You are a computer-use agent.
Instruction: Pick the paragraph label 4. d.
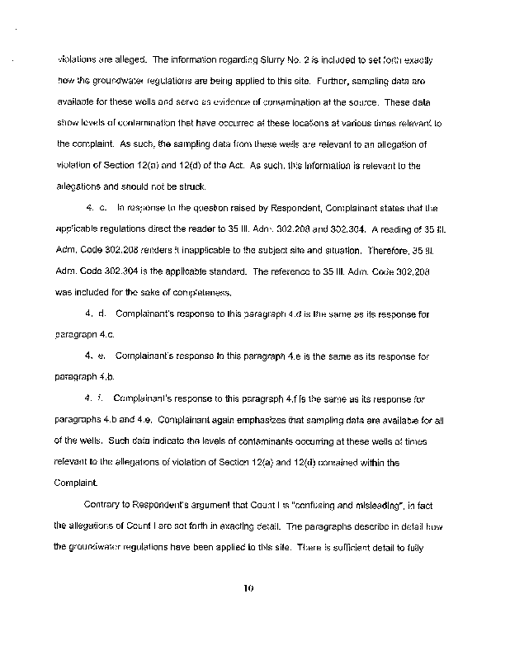[x=97, y=313]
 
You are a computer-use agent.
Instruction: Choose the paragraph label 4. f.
[x=96, y=398]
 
